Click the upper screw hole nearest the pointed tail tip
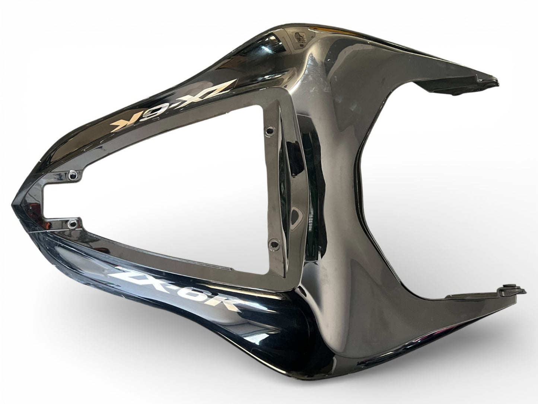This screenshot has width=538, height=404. point(72,175)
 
